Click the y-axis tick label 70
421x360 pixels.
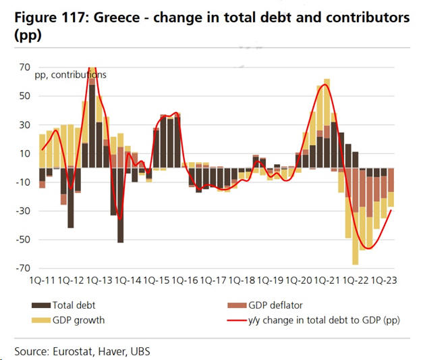pos(25,67)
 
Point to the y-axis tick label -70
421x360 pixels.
pos(24,268)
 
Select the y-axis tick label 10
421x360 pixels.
pos(25,153)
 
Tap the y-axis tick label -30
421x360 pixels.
pos(24,211)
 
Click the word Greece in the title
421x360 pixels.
pos(117,18)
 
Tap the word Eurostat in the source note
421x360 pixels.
pos(75,351)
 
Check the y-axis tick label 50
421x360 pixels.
pos(25,96)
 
